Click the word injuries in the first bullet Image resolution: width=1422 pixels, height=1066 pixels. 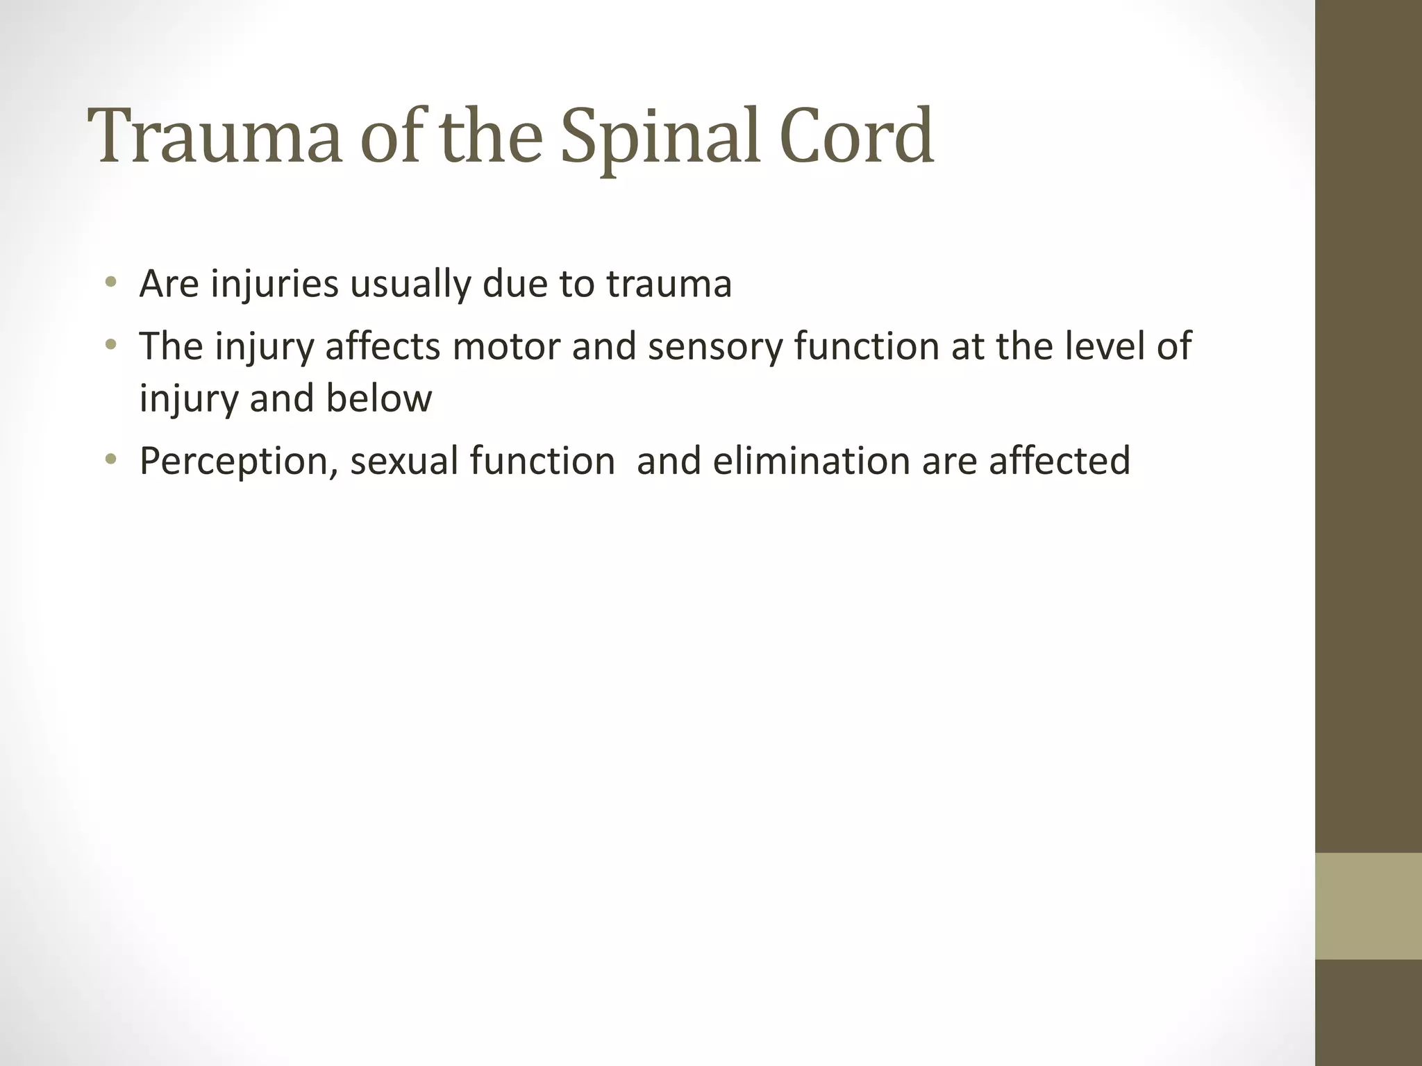274,285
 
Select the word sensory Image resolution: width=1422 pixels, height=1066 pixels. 714,346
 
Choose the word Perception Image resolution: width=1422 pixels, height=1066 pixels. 235,461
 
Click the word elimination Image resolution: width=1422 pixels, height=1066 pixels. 810,461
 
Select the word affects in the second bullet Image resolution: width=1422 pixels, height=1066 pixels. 383,346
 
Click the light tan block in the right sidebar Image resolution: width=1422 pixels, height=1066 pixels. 1369,906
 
